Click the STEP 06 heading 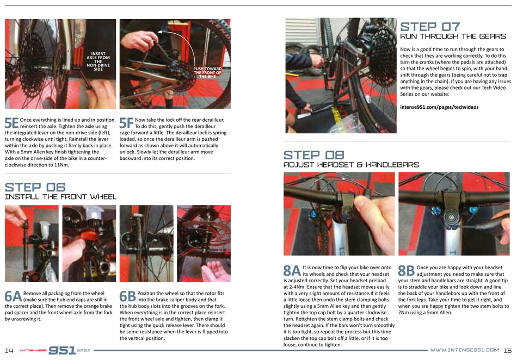[35, 187]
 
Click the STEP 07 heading [430, 27]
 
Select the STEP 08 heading [314, 155]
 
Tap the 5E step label [11, 123]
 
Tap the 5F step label [126, 123]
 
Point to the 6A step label [13, 296]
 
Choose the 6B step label [127, 296]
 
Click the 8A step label [292, 271]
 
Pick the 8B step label [407, 271]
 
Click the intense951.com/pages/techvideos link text [439, 107]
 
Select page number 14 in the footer [9, 350]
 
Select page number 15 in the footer [508, 350]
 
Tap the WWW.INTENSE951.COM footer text [465, 350]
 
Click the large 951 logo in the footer [62, 350]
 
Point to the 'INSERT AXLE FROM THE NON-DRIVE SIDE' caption [99, 61]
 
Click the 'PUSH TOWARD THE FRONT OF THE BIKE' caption [207, 72]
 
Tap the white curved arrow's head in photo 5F [159, 32]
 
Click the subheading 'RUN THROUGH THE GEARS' [453, 36]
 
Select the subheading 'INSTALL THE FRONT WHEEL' [60, 197]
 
